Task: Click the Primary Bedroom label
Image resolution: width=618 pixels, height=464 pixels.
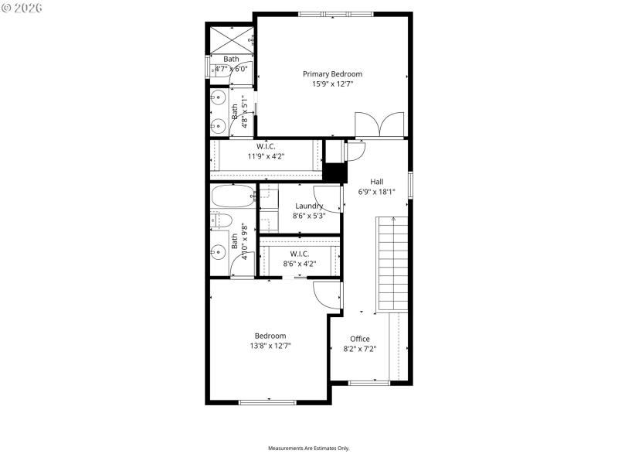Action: [x=332, y=74]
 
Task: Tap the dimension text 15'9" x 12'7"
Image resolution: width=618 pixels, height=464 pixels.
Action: [x=332, y=84]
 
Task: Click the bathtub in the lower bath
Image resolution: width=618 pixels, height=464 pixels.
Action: [x=232, y=197]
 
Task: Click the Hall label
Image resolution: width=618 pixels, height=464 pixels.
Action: [x=376, y=182]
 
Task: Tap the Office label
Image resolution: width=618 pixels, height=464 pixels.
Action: [x=360, y=339]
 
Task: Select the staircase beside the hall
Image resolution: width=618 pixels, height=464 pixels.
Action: [x=392, y=263]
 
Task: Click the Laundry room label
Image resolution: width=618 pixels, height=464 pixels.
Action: [x=308, y=206]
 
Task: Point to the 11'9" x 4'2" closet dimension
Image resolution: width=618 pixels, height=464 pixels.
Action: [x=266, y=156]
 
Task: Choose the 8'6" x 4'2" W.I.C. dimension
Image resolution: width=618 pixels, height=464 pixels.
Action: [x=300, y=264]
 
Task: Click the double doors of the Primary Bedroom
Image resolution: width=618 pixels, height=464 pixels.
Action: [x=379, y=125]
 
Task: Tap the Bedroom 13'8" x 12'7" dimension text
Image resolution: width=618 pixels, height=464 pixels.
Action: [x=270, y=346]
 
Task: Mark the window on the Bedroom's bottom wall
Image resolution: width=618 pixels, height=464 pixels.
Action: [x=267, y=401]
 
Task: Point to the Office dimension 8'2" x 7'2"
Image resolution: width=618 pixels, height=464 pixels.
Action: [x=360, y=349]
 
